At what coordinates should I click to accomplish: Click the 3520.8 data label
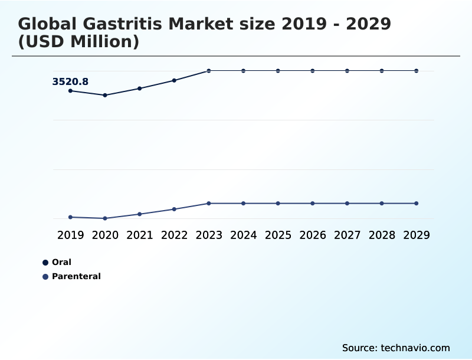(70, 82)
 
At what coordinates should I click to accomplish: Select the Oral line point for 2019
(70, 90)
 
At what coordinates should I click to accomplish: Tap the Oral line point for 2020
(105, 95)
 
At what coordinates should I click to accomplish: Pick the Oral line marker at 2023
(209, 71)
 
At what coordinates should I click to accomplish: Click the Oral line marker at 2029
(416, 71)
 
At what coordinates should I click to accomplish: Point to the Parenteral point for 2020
(105, 218)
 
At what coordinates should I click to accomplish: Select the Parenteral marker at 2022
(174, 209)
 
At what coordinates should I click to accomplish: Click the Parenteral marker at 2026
(313, 203)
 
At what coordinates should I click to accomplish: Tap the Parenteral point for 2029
(416, 203)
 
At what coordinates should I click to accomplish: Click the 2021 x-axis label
(140, 235)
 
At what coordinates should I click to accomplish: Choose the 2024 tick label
(243, 235)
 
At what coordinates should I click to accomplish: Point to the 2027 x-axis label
(347, 235)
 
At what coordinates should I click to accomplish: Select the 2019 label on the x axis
(70, 235)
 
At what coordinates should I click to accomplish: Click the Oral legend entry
(61, 262)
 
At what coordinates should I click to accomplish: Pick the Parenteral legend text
(76, 276)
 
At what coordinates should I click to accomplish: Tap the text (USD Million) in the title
(78, 42)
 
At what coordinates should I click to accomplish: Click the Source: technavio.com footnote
(396, 348)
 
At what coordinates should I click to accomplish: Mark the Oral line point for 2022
(174, 80)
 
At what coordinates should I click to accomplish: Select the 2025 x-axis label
(278, 235)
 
